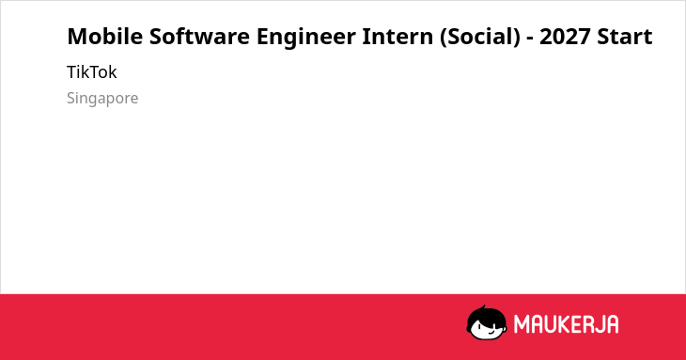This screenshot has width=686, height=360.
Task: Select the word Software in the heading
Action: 199,37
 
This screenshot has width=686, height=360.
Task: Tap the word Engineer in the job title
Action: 305,38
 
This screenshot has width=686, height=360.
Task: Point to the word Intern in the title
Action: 398,37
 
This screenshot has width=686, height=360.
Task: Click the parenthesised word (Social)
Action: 480,38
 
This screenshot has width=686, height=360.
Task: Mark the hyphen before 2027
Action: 530,39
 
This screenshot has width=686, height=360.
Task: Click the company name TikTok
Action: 92,72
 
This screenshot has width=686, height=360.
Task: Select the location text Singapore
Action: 102,99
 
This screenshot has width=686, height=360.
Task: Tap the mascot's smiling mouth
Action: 491,332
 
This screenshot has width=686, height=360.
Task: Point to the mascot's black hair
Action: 486,316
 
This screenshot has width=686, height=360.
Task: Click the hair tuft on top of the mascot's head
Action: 483,307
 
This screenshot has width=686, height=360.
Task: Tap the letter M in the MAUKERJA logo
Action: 521,324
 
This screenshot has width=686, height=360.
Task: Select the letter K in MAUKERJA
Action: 564,324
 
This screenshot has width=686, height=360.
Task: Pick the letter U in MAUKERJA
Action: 550,324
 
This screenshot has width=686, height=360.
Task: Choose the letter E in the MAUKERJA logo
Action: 576,324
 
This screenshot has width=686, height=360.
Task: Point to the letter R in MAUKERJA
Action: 588,324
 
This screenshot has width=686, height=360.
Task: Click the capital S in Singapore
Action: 70,98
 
